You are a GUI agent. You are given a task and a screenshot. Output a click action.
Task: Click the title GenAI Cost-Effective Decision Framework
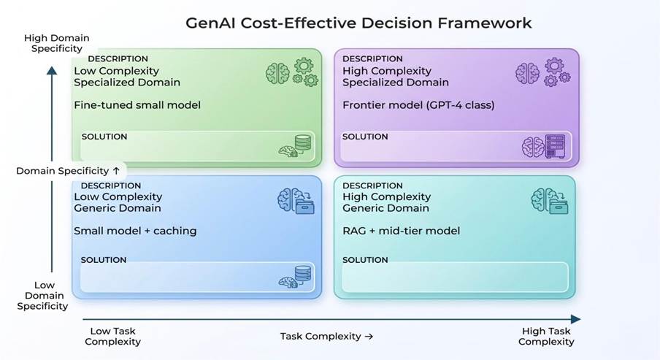[x=358, y=23]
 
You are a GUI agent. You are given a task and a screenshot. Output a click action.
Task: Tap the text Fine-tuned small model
[x=137, y=105]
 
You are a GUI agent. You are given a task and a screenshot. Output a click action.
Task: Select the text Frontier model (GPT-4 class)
[x=418, y=105]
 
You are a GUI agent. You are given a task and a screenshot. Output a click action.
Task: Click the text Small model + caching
[x=135, y=231]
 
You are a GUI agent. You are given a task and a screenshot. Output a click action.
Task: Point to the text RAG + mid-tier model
[x=401, y=231]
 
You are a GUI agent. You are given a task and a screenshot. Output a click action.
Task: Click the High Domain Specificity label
[x=57, y=43]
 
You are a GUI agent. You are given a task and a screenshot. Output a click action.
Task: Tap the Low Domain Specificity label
[x=43, y=296]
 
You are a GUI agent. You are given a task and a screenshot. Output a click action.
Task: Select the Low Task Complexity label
[x=113, y=336]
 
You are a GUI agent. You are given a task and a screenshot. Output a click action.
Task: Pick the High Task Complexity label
[x=546, y=336]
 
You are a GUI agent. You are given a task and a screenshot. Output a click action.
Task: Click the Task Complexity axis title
[x=326, y=336]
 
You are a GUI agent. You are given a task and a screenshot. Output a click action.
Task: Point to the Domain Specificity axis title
[x=68, y=171]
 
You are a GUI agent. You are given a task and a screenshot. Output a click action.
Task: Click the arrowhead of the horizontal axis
[x=576, y=319]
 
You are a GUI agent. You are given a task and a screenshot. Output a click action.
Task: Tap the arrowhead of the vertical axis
[x=52, y=70]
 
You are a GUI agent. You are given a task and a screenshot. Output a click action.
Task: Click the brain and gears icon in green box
[x=292, y=72]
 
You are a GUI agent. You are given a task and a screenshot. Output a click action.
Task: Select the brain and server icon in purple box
[x=543, y=147]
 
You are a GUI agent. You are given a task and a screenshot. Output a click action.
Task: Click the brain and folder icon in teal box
[x=550, y=201]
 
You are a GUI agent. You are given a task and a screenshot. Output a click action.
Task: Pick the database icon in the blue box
[x=303, y=274]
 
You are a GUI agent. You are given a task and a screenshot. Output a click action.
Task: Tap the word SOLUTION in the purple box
[x=365, y=137]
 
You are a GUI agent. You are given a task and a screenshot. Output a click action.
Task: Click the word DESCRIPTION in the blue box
[x=111, y=185]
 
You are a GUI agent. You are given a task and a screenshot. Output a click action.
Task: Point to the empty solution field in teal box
[x=455, y=277]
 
